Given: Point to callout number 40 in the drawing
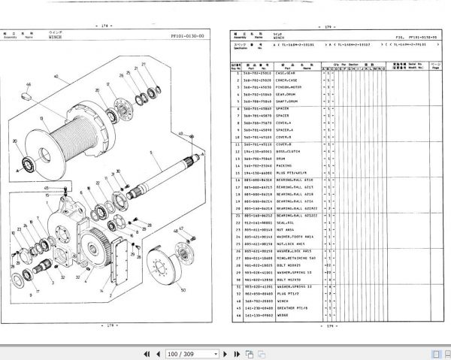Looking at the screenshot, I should pyautogui.click(x=55, y=77).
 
